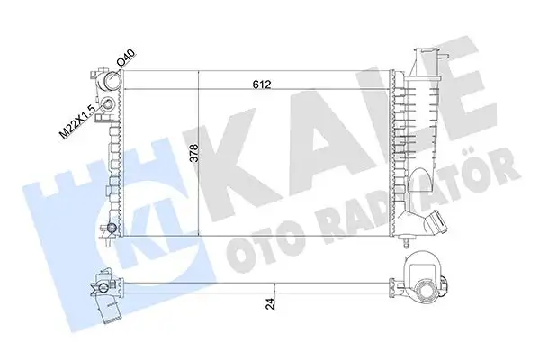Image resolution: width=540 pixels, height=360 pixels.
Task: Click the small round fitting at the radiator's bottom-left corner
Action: (x=110, y=227)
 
